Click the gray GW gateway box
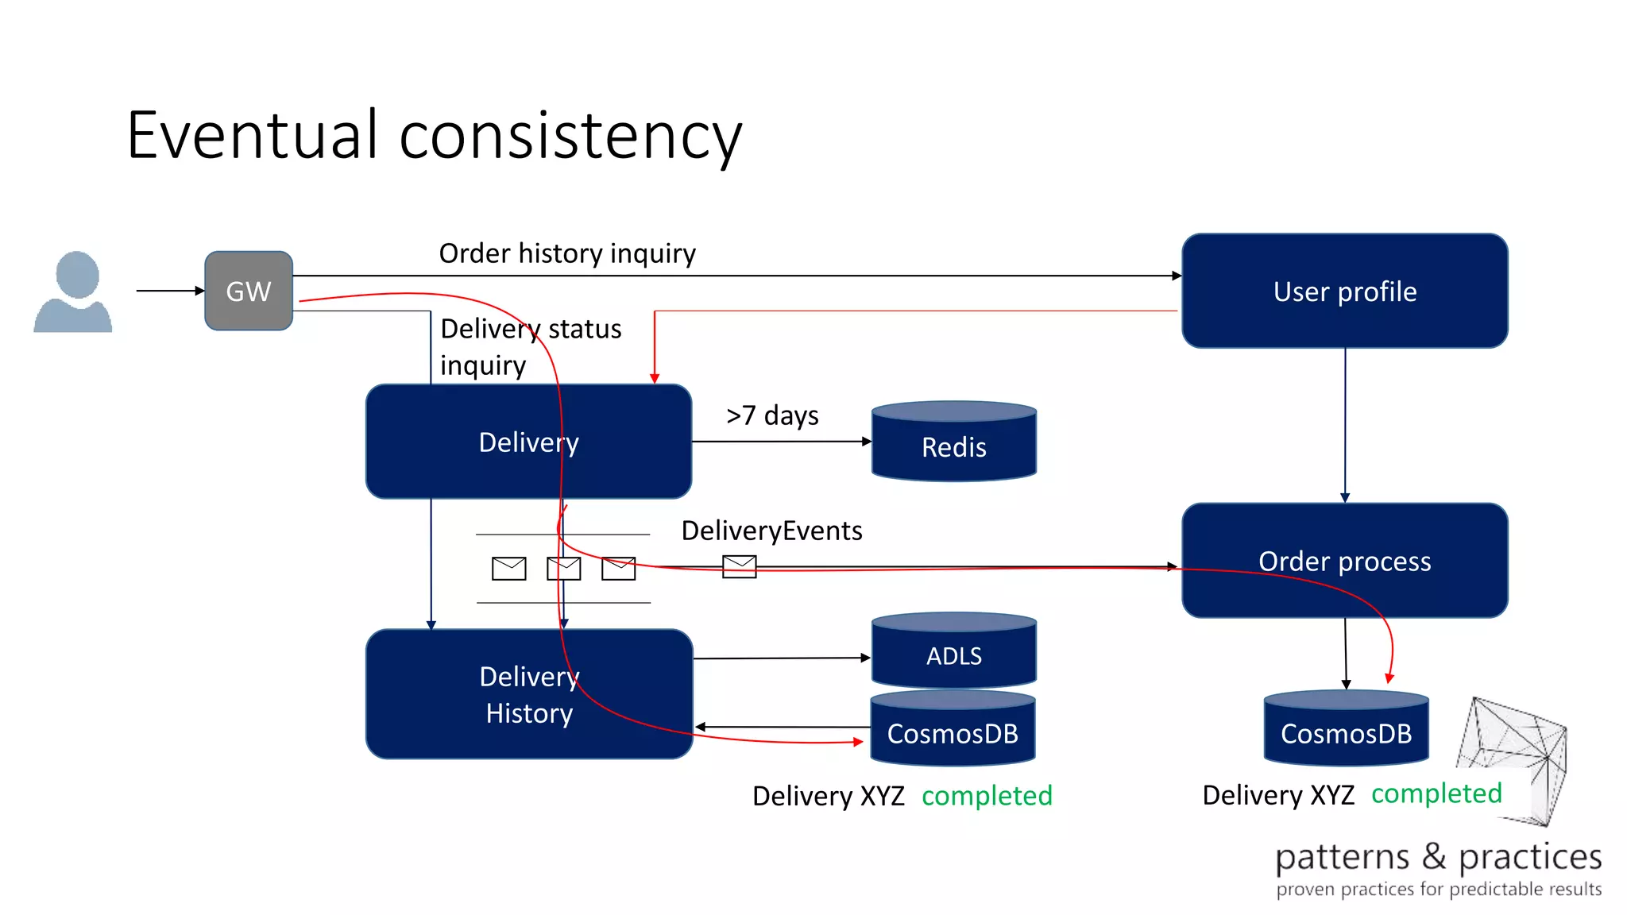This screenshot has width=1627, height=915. [249, 291]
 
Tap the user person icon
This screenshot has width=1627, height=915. [73, 292]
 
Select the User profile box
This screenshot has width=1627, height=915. [1344, 291]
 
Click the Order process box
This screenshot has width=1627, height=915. [1344, 561]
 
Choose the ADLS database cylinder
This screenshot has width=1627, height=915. [953, 653]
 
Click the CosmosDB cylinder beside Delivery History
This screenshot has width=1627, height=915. [953, 731]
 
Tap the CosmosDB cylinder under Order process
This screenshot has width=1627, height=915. [1346, 731]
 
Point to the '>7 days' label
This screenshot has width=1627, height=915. [772, 415]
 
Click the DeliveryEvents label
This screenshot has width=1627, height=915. [771, 531]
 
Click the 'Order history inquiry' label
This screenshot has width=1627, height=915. [567, 253]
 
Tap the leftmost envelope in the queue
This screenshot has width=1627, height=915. [508, 569]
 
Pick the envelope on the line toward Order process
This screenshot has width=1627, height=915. [739, 566]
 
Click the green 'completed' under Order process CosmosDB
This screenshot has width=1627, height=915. [1436, 793]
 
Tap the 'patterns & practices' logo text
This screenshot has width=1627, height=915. [1438, 858]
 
